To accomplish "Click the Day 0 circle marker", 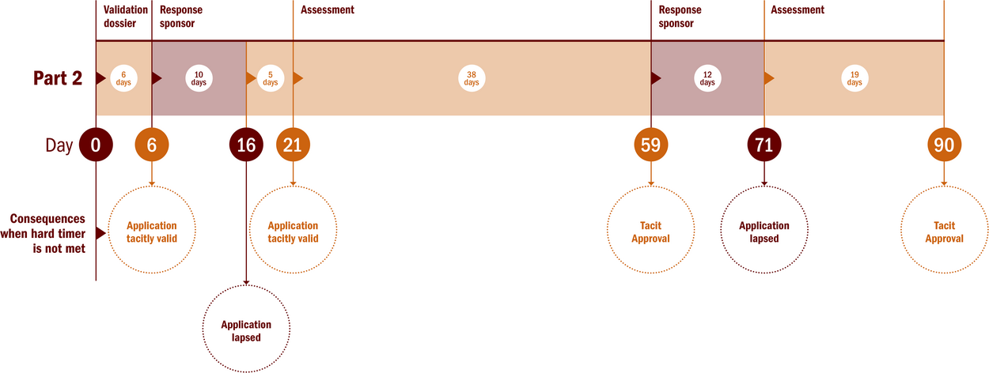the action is [x=96, y=145].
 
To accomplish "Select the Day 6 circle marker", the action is [x=151, y=145].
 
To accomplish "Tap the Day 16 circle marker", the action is [x=246, y=145].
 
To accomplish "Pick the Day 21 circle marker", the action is [x=293, y=145].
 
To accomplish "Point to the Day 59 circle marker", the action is [x=651, y=145].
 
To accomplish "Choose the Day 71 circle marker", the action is [x=764, y=145].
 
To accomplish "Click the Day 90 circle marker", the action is [x=944, y=145].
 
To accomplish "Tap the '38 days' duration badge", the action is [x=472, y=78].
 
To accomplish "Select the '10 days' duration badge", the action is [x=199, y=78].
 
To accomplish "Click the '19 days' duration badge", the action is [x=854, y=78].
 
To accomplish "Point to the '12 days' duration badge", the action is [x=707, y=78].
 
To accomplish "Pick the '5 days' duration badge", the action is [x=271, y=78].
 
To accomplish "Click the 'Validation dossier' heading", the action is [x=125, y=17].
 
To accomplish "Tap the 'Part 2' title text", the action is [x=58, y=78].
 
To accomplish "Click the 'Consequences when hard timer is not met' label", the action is [x=44, y=233].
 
